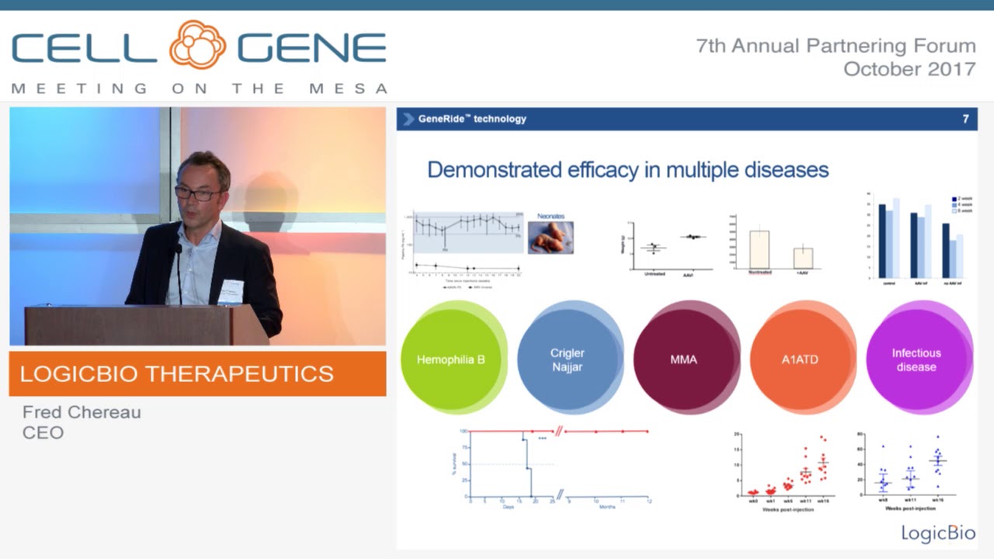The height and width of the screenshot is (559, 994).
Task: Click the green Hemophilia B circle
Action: click(450, 359)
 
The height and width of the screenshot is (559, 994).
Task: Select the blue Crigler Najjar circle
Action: click(567, 359)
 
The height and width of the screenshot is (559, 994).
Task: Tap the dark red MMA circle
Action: click(683, 359)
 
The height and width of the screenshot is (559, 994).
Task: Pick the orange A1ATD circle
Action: click(800, 359)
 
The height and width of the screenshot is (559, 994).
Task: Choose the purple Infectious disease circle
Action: click(916, 359)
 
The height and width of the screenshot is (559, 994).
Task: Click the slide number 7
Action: click(965, 119)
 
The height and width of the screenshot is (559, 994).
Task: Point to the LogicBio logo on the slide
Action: click(937, 533)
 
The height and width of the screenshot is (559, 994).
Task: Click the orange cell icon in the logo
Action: click(197, 45)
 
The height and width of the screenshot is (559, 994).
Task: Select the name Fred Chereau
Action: click(82, 412)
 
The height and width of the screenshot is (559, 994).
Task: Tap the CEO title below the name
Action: click(43, 432)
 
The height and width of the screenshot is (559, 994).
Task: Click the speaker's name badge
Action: click(231, 290)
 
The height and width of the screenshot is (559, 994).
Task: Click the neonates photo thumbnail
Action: click(551, 238)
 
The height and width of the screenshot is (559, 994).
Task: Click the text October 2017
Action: click(909, 68)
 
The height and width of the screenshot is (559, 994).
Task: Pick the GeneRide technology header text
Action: click(472, 119)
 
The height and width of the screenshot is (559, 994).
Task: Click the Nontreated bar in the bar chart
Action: click(759, 249)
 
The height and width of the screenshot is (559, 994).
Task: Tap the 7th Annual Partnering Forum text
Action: click(836, 46)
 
